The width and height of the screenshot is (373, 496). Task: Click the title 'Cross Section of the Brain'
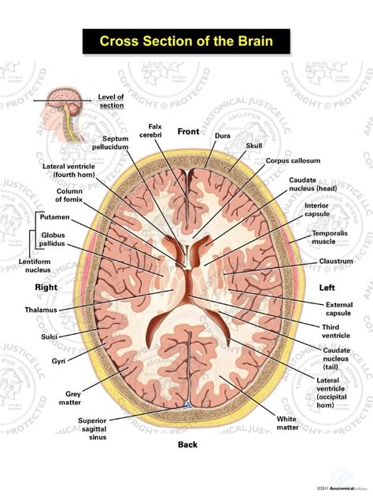coord(186,41)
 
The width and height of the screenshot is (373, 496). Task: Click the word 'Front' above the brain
coord(190,131)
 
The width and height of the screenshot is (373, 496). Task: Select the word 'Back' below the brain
coord(186,444)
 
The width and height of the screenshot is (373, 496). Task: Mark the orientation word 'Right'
coord(46,288)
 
